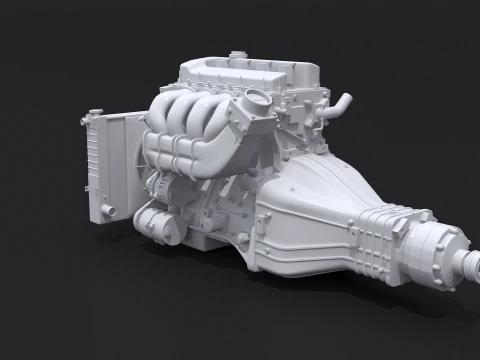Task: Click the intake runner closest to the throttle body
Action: pyautogui.click(x=222, y=118)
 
